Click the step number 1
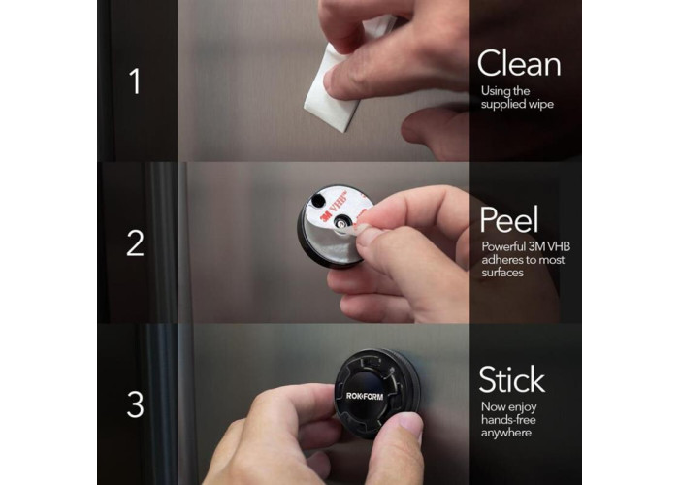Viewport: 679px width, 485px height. coord(136,81)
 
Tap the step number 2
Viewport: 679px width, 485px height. coord(135,242)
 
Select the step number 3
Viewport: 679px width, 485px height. coord(135,404)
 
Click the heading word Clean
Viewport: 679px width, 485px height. coord(519,63)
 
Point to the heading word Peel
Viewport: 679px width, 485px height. coord(509,219)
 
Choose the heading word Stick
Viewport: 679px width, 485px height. coord(511,379)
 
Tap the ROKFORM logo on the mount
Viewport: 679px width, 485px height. coord(365,396)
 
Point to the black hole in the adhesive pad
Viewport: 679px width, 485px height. coord(318,200)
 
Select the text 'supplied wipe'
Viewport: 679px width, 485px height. coord(517,105)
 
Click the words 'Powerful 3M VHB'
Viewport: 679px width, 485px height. coord(526,246)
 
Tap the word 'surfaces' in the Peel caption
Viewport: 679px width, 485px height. coord(502,273)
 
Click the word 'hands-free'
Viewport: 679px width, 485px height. coord(508,420)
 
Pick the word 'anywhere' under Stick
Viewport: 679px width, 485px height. coord(506,433)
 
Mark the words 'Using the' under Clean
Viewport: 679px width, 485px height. coord(505,91)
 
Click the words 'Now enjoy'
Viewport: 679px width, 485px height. coord(509,407)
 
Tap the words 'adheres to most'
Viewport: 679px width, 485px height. coord(523,260)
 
